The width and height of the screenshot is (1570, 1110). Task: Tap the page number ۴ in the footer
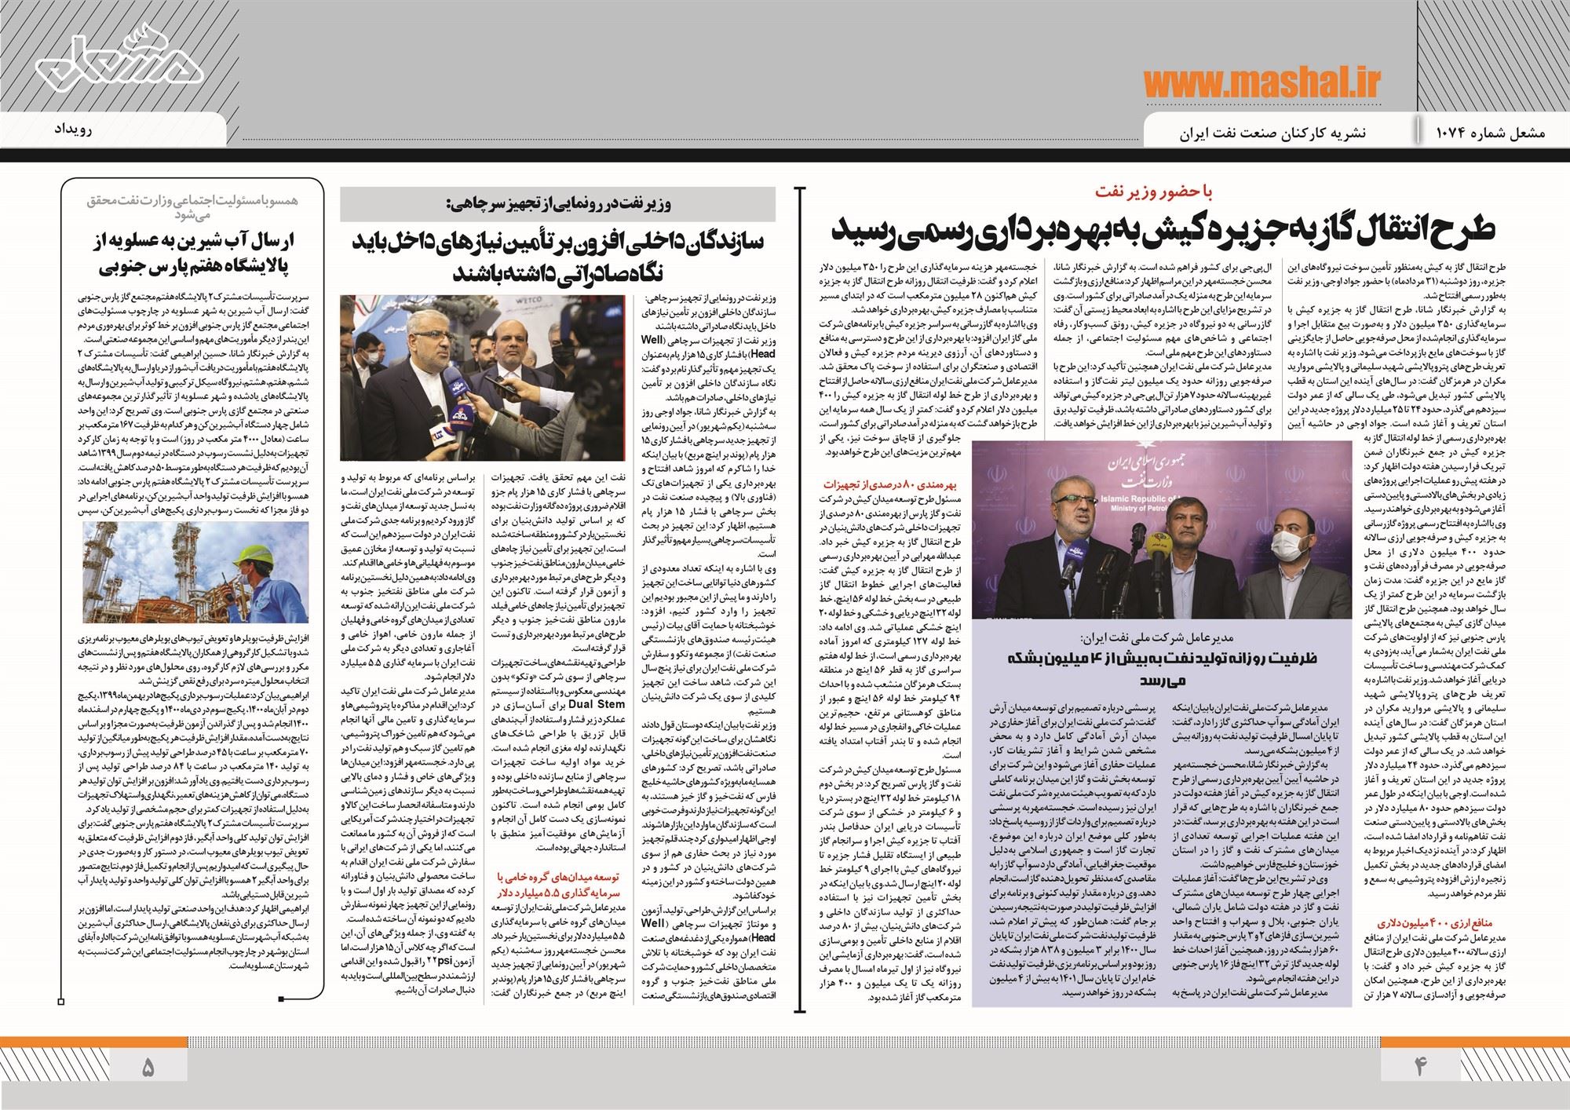pyautogui.click(x=1420, y=1067)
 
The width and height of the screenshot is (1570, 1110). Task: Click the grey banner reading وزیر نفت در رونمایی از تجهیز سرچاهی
pyautogui.click(x=557, y=203)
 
